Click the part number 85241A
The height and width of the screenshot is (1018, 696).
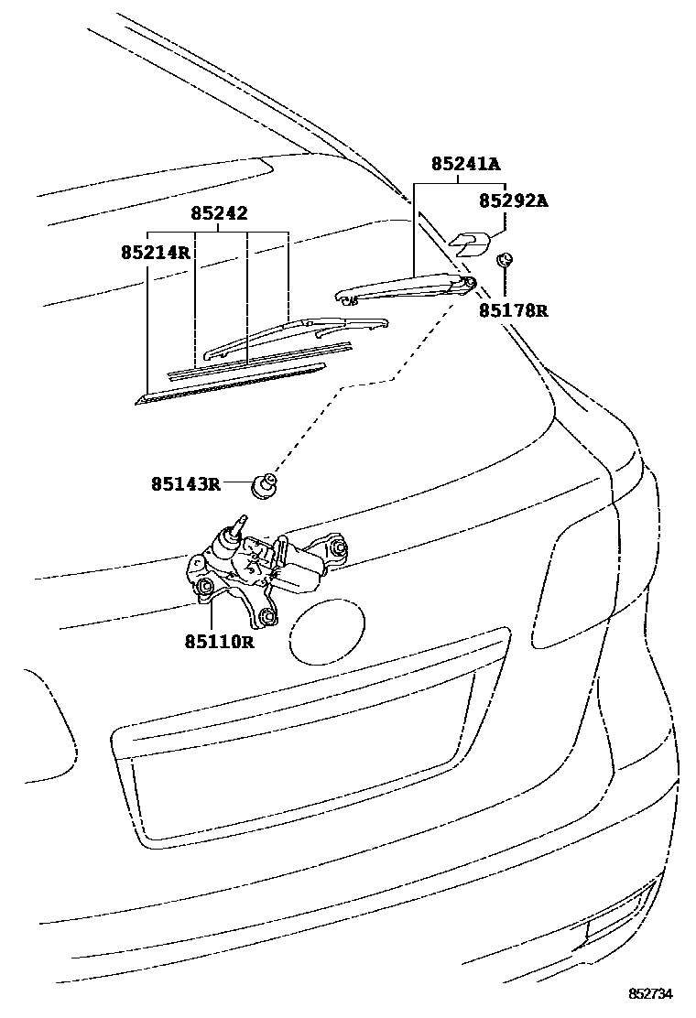pyautogui.click(x=466, y=165)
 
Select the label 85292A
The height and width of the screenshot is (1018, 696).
pyautogui.click(x=514, y=200)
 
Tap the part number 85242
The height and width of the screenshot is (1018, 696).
pyautogui.click(x=219, y=214)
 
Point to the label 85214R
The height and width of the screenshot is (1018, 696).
pyautogui.click(x=155, y=250)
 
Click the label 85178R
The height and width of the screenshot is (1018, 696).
pyautogui.click(x=513, y=310)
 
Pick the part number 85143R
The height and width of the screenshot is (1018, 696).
pyautogui.click(x=186, y=482)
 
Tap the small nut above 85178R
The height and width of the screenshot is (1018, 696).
pyautogui.click(x=503, y=261)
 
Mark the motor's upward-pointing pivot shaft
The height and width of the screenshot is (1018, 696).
pyautogui.click(x=241, y=525)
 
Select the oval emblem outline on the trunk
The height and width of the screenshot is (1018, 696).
pyautogui.click(x=328, y=633)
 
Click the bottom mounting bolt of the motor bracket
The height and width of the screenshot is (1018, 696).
pyautogui.click(x=266, y=619)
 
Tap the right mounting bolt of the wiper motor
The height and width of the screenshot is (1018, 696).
pyautogui.click(x=338, y=549)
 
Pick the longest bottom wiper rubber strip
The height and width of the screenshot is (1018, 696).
pyautogui.click(x=229, y=384)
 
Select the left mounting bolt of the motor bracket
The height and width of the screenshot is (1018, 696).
pyautogui.click(x=205, y=586)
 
